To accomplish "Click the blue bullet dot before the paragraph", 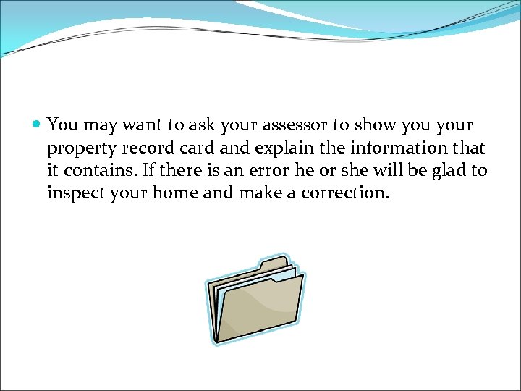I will click(x=38, y=125).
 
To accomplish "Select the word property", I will click(x=79, y=148).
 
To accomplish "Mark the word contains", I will click(x=99, y=171).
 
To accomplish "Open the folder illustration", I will click(x=255, y=300).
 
